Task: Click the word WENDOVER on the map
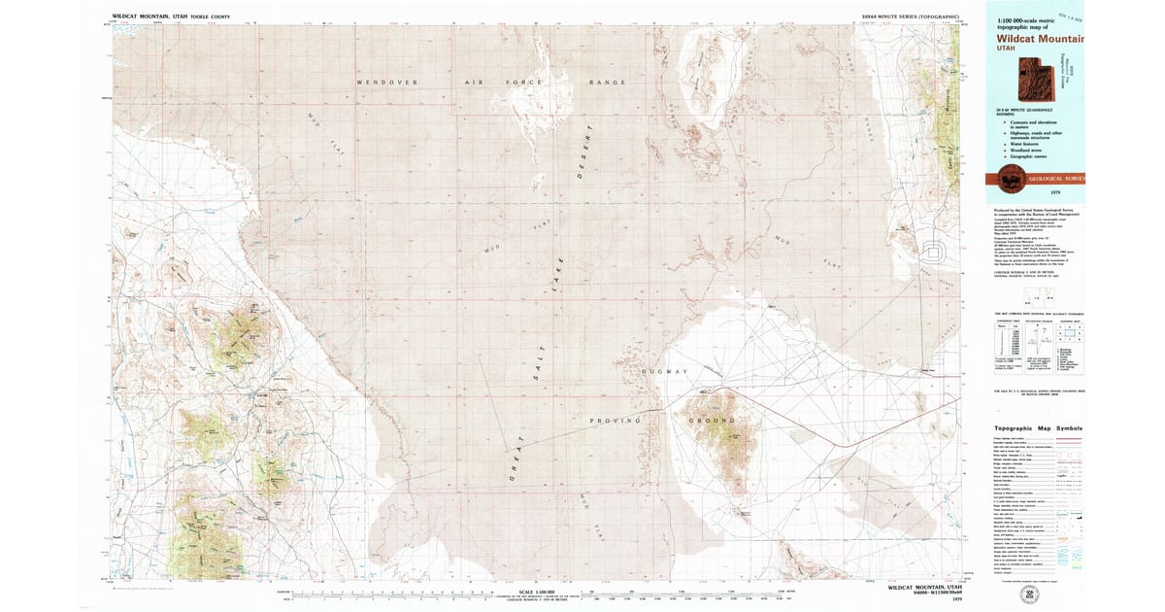pyautogui.click(x=386, y=83)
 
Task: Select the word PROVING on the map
pyautogui.click(x=616, y=421)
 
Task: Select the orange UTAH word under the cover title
pyautogui.click(x=1005, y=52)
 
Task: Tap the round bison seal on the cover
pyautogui.click(x=1004, y=178)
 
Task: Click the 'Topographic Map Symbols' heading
pyautogui.click(x=1038, y=428)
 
